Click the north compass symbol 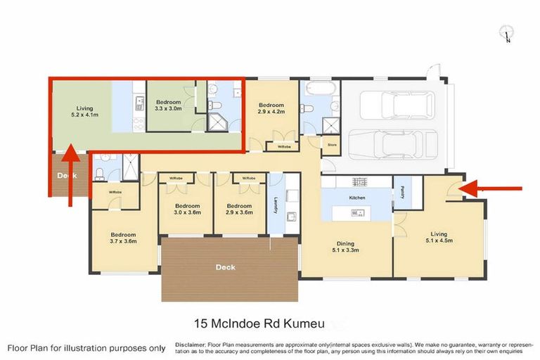506,32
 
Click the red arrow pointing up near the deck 70,176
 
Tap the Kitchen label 357,198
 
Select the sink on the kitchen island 357,211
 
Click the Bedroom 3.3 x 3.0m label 168,105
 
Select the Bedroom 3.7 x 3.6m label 122,238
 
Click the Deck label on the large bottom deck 226,266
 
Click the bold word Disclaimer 190,345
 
